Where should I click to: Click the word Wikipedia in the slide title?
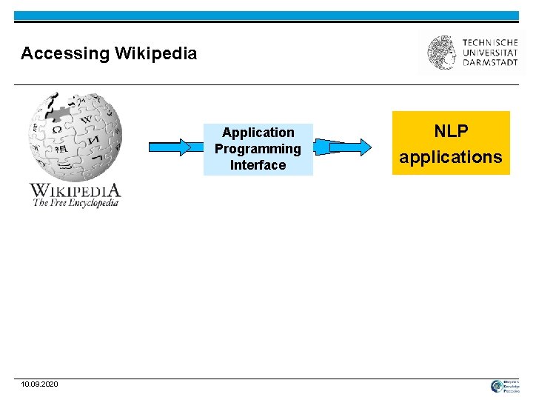pyautogui.click(x=155, y=53)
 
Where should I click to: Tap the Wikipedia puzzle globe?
pyautogui.click(x=74, y=137)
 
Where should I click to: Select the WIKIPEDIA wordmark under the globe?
pyautogui.click(x=74, y=190)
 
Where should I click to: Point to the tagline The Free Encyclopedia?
pyautogui.click(x=75, y=203)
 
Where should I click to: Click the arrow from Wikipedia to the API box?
pyautogui.click(x=170, y=147)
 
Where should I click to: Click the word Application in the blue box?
pyautogui.click(x=258, y=133)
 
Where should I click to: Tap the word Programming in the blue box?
pyautogui.click(x=258, y=149)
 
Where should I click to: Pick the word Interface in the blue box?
pyautogui.click(x=258, y=165)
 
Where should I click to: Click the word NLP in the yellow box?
pyautogui.click(x=451, y=131)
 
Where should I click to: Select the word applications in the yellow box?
pyautogui.click(x=451, y=157)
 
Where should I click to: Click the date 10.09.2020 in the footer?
pyautogui.click(x=40, y=384)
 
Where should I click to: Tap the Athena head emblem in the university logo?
pyautogui.click(x=442, y=53)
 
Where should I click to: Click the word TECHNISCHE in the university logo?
pyautogui.click(x=490, y=42)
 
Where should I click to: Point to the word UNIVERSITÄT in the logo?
pyautogui.click(x=490, y=53)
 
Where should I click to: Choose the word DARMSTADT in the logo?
pyautogui.click(x=490, y=63)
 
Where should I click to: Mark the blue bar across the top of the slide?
pyautogui.click(x=266, y=16)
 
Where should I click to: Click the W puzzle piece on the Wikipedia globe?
pyautogui.click(x=87, y=119)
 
